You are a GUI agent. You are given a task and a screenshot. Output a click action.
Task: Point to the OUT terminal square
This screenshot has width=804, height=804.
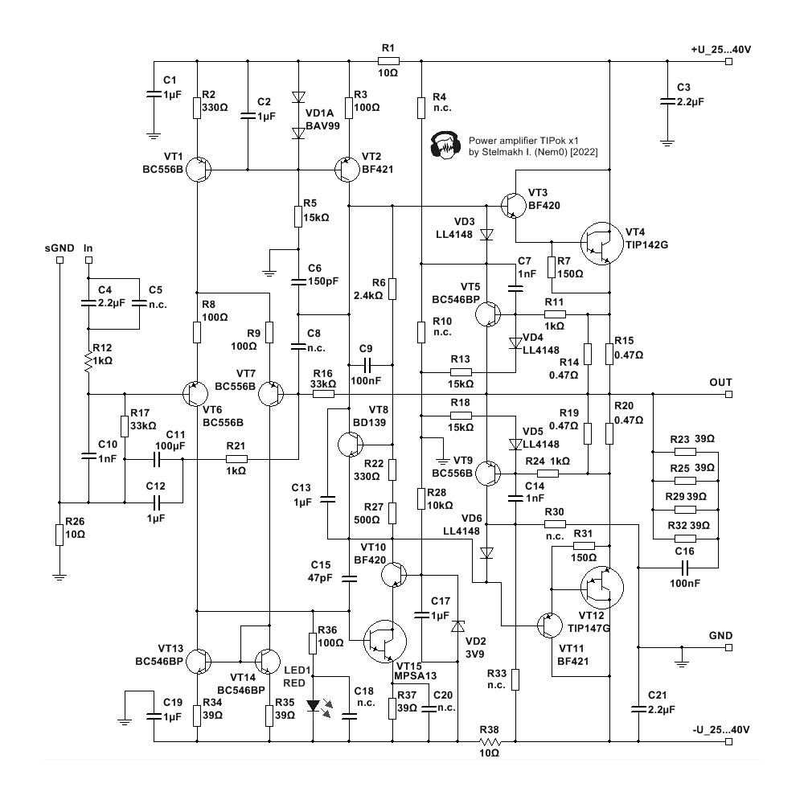click(x=728, y=395)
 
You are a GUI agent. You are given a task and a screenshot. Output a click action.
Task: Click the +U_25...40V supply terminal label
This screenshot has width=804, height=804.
click(x=720, y=50)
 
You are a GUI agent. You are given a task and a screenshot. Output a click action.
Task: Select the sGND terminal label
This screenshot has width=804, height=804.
click(x=59, y=249)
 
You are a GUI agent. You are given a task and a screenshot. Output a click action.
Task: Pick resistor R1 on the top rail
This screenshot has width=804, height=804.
click(x=388, y=60)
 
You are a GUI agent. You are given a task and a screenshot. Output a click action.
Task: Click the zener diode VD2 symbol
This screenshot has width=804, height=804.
click(x=457, y=626)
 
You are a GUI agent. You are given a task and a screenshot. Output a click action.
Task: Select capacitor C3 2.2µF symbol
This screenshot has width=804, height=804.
click(x=666, y=100)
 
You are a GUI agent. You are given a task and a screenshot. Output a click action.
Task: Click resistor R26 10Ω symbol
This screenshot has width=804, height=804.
click(x=59, y=534)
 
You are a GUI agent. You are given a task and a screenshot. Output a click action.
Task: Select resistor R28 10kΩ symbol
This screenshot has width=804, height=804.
click(x=420, y=498)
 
